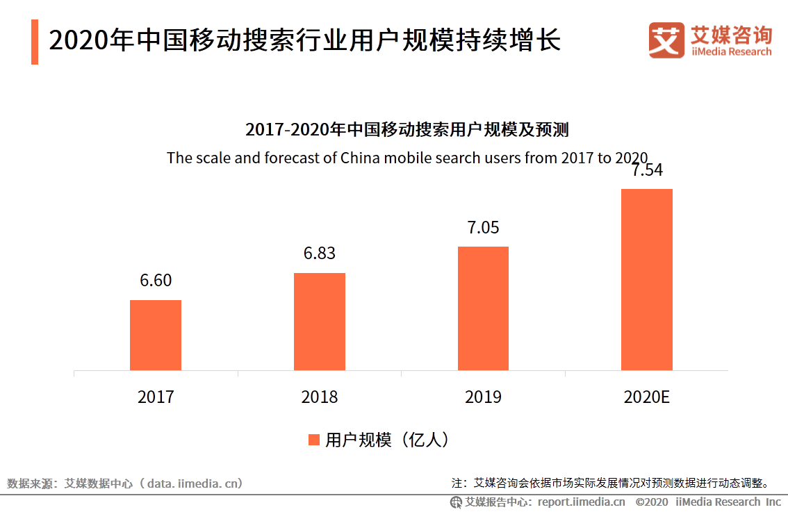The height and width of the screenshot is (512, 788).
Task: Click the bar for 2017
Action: tap(156, 335)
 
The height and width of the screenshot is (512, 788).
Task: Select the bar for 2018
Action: tap(320, 322)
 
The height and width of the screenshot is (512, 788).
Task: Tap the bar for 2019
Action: tap(483, 308)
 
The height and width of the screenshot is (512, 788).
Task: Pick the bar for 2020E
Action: tap(646, 279)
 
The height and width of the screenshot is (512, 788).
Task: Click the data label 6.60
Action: tap(156, 281)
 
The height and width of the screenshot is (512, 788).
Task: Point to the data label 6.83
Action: tap(320, 254)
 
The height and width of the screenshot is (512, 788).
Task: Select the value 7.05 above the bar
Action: tap(483, 228)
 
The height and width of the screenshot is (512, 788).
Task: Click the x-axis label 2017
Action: tap(156, 397)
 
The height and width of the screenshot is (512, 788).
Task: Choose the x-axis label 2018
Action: tap(320, 397)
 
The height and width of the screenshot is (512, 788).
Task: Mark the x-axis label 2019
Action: tap(483, 397)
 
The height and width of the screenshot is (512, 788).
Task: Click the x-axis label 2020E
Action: tap(646, 397)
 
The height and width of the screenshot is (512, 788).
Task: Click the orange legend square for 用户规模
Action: tap(313, 440)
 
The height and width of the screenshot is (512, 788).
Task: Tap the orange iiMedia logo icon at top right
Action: tap(666, 40)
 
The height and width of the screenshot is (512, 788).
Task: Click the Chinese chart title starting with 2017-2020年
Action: tap(407, 130)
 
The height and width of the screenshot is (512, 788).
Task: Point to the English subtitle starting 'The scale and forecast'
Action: tap(407, 158)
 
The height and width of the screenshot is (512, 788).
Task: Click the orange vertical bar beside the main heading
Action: tap(35, 42)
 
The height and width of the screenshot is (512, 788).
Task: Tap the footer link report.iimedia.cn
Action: tap(581, 502)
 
